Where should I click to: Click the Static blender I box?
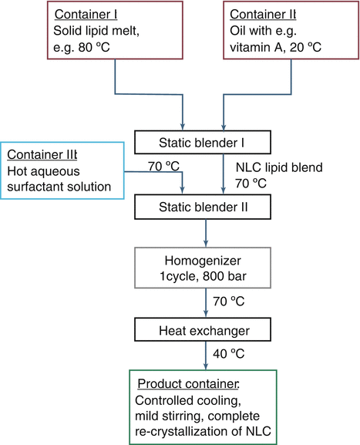202,141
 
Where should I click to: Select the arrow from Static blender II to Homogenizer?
206,234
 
